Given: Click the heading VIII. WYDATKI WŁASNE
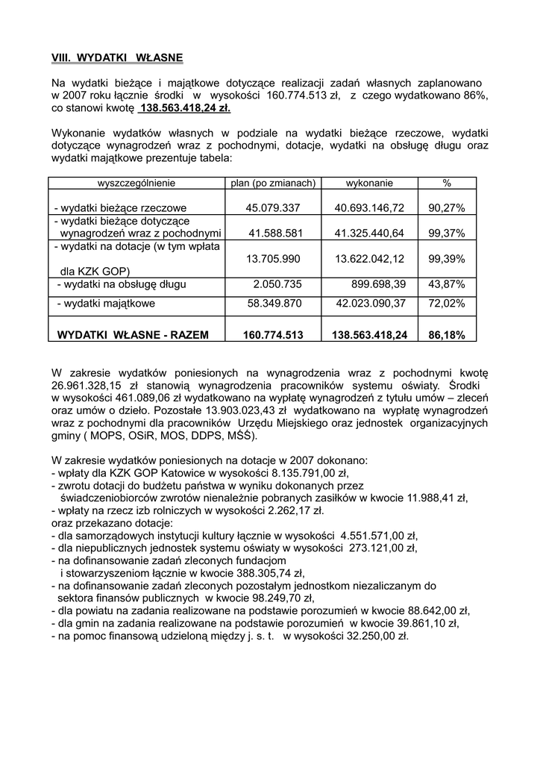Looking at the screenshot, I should pyautogui.click(x=117, y=57).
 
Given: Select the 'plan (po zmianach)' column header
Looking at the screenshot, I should pyautogui.click(x=272, y=182).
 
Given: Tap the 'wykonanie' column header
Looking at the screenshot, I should pyautogui.click(x=369, y=182).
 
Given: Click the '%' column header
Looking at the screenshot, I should pyautogui.click(x=447, y=182).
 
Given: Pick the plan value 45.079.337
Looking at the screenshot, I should pyautogui.click(x=272, y=208).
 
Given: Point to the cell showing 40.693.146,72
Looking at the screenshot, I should pyautogui.click(x=369, y=208).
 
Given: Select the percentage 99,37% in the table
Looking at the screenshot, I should pyautogui.click(x=447, y=234).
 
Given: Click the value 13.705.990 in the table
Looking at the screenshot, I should pyautogui.click(x=272, y=259).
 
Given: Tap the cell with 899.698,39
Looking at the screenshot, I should pyautogui.click(x=379, y=284).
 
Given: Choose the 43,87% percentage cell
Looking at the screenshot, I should pyautogui.click(x=447, y=284).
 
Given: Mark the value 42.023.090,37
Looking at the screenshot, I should pyautogui.click(x=369, y=304).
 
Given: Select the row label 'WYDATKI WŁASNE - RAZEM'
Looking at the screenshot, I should pyautogui.click(x=134, y=336).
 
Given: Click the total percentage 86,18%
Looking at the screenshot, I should pyautogui.click(x=447, y=336).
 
